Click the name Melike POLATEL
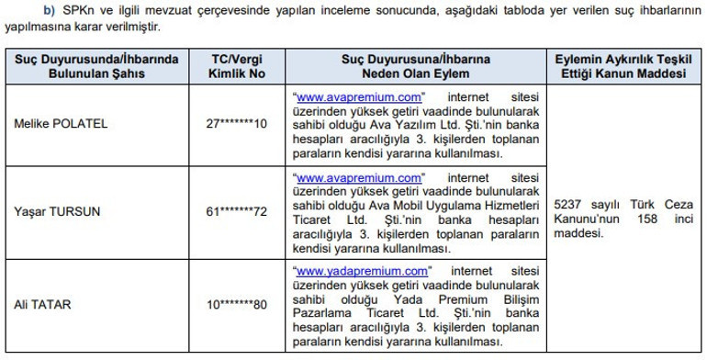click(x=59, y=123)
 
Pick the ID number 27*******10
click(x=236, y=123)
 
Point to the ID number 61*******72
click(x=236, y=211)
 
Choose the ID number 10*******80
click(x=236, y=304)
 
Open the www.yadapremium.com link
click(x=363, y=271)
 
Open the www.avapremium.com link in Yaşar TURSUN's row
click(x=360, y=176)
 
